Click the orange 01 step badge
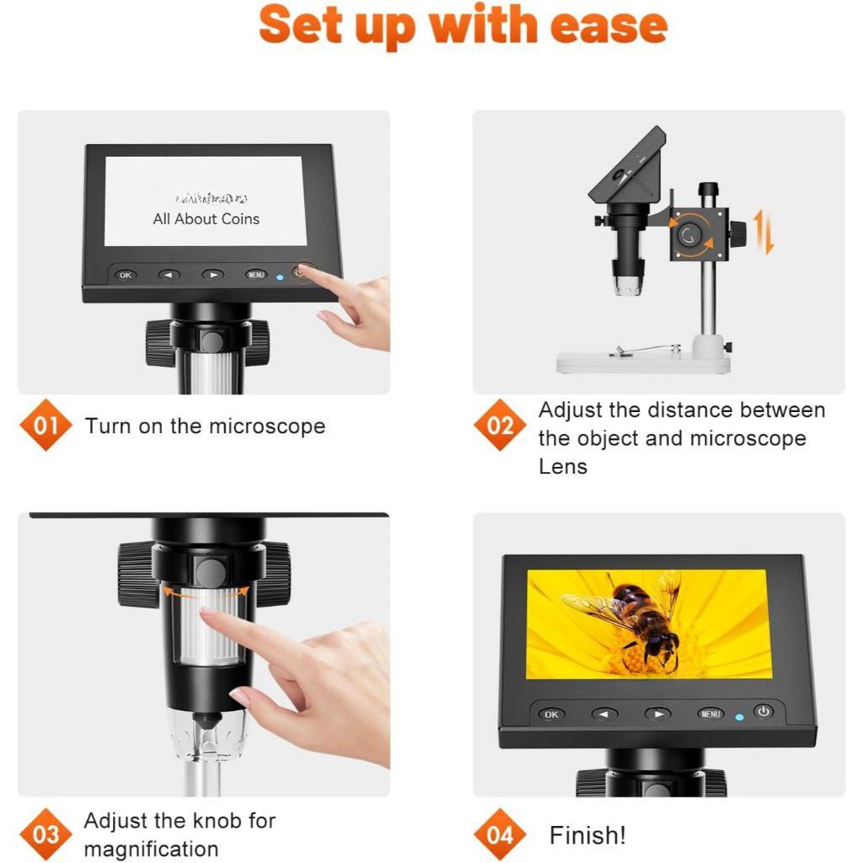pos(46,425)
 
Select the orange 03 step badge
pos(46,834)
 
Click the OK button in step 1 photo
pos(125,275)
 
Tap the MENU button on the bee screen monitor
pos(710,714)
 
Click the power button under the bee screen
pos(764,712)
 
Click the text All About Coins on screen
pos(206,219)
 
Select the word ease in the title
pos(608,25)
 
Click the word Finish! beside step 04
pos(587,835)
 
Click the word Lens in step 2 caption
pos(562,466)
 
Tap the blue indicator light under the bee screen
pos(739,717)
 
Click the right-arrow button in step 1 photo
pos(212,275)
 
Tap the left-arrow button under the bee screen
pos(604,714)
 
